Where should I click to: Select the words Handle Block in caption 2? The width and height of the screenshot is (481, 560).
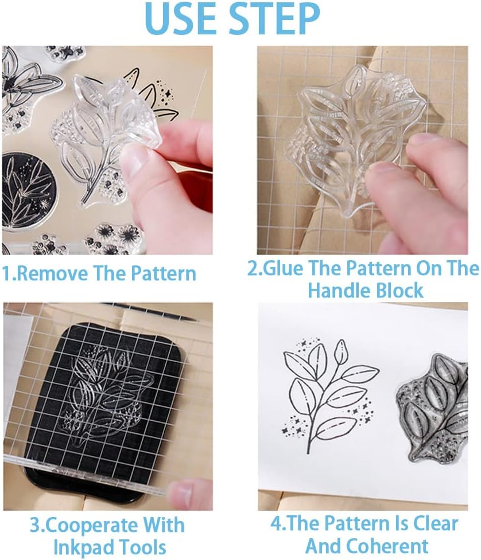click(x=366, y=290)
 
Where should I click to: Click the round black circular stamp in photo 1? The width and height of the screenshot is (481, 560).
click(x=26, y=189)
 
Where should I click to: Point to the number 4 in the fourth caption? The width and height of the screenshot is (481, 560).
click(x=276, y=524)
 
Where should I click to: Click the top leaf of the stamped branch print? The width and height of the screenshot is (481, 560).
click(x=342, y=348)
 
